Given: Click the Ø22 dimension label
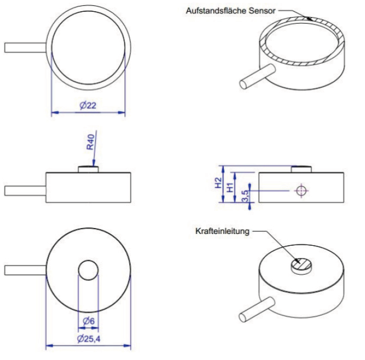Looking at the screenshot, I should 87,106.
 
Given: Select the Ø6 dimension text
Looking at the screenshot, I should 88,321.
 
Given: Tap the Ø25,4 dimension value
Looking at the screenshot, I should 89,339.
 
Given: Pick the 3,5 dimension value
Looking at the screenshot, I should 245,196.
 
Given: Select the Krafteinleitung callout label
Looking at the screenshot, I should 222,233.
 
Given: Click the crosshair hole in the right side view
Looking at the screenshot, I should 301,190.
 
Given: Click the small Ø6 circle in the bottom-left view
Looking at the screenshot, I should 88,269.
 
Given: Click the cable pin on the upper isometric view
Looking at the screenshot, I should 255,75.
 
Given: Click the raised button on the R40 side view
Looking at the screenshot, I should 89,169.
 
